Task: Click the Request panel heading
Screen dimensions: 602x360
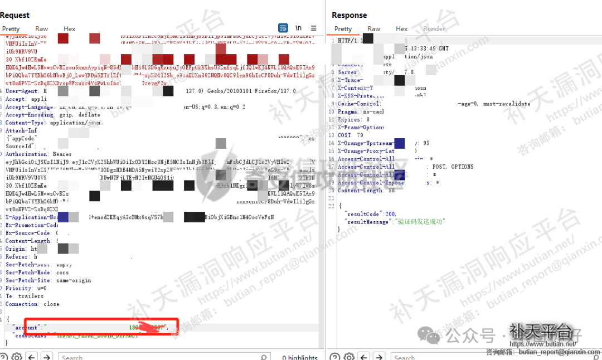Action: [15, 15]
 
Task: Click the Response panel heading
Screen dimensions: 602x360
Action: [349, 15]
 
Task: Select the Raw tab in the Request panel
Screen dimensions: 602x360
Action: [42, 29]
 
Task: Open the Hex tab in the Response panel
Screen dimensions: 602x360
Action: [402, 29]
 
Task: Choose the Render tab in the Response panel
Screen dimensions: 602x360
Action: [434, 29]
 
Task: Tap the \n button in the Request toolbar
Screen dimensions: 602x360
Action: [299, 28]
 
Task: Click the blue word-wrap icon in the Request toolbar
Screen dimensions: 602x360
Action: [283, 28]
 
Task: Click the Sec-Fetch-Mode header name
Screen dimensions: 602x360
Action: [28, 273]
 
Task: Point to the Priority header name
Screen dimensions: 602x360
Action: [18, 288]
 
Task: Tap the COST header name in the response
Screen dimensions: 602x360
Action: [344, 135]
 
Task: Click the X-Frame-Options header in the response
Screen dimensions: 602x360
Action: [361, 128]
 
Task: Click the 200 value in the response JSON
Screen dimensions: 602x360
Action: [390, 214]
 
